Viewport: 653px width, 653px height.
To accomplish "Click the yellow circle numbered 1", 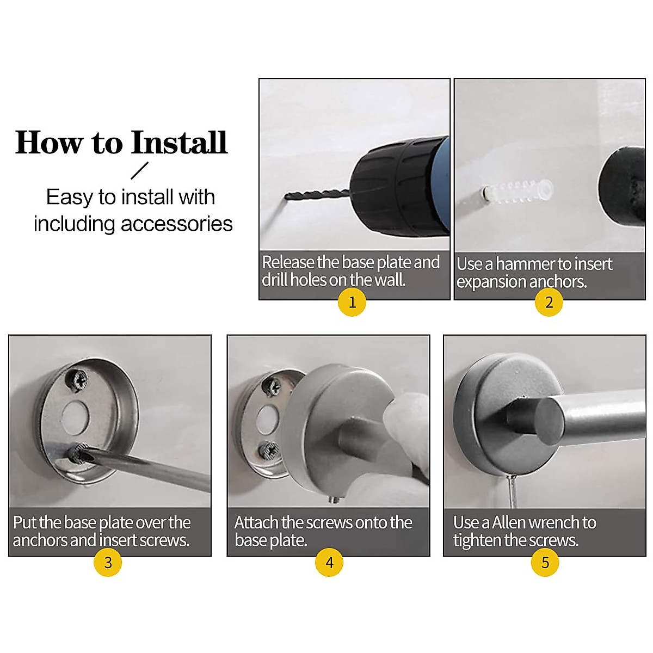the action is click(352, 302).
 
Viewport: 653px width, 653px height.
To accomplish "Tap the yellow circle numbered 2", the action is click(549, 302).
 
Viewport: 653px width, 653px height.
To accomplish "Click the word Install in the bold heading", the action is click(179, 143).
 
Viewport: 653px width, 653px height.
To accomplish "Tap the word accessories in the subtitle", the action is click(176, 224).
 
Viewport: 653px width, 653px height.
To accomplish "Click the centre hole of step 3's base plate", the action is click(75, 417).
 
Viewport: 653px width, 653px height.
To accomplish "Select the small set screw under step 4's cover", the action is click(334, 500).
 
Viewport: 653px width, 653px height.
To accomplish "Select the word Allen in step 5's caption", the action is click(512, 522).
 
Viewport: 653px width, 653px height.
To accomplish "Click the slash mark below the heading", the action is click(139, 170).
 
